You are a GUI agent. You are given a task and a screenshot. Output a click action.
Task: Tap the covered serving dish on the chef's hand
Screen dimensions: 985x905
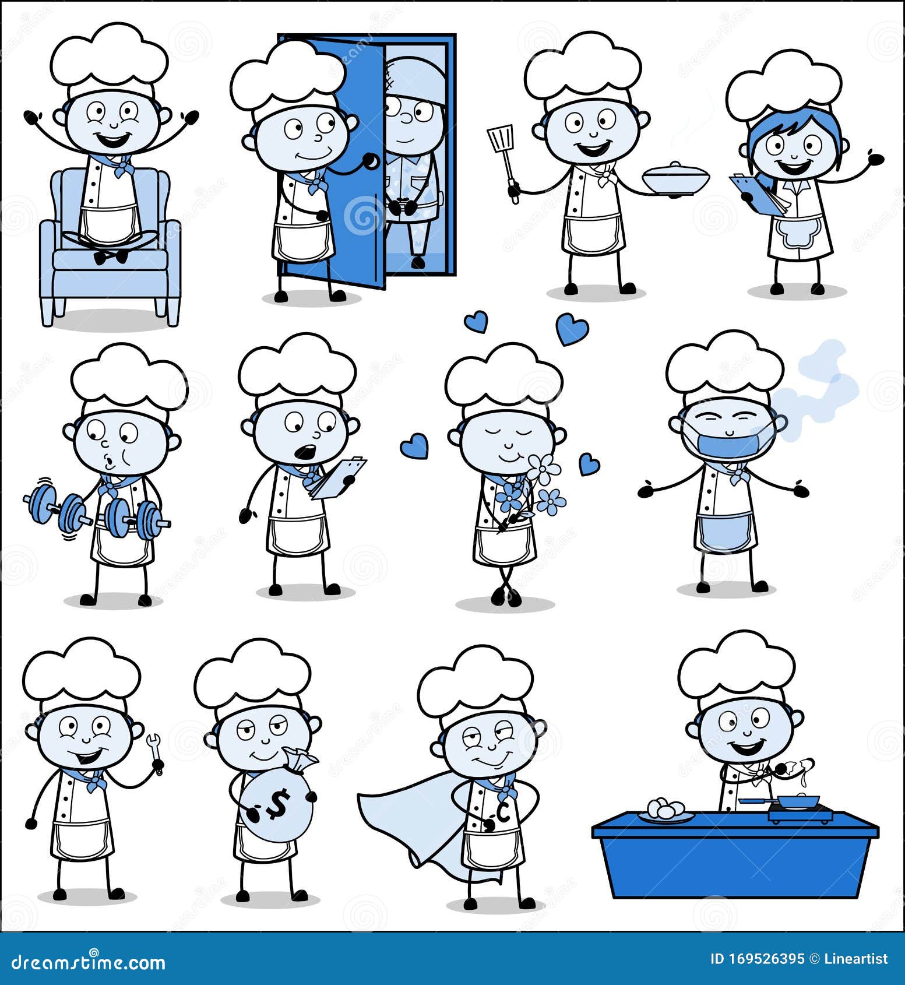coord(676,177)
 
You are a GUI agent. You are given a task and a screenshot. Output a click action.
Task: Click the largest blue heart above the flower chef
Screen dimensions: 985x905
coord(572,329)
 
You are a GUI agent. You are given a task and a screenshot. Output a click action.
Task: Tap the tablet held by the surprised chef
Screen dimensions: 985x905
coord(338,477)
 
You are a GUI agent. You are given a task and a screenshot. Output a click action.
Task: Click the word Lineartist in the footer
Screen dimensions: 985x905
coord(856,959)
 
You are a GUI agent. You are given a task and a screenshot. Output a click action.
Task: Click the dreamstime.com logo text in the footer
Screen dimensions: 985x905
coord(89,961)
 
